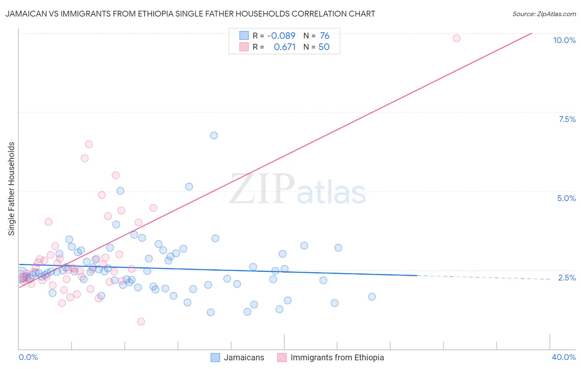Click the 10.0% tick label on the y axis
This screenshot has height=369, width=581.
pyautogui.click(x=564, y=40)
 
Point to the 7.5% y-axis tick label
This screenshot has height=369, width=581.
pyautogui.click(x=567, y=119)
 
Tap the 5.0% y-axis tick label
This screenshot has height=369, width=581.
pyautogui.click(x=566, y=198)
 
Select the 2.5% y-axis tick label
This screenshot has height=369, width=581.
pyautogui.click(x=567, y=278)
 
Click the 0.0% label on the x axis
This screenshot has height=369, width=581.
pyautogui.click(x=28, y=357)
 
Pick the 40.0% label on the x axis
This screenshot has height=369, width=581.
pyautogui.click(x=563, y=357)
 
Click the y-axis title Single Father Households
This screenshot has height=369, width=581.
pyautogui.click(x=12, y=189)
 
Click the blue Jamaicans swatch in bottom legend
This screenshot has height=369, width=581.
pyautogui.click(x=215, y=357)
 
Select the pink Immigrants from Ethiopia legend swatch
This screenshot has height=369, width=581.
pyautogui.click(x=282, y=357)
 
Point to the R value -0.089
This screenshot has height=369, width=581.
pyautogui.click(x=281, y=36)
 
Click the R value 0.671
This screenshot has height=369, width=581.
pyautogui.click(x=285, y=47)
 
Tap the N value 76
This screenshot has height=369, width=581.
pyautogui.click(x=324, y=36)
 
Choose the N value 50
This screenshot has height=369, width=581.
pyautogui.click(x=324, y=47)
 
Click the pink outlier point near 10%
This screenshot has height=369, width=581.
pyautogui.click(x=456, y=38)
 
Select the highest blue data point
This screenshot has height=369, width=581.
pyautogui.click(x=214, y=135)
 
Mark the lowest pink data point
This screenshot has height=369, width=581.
pyautogui.click(x=141, y=321)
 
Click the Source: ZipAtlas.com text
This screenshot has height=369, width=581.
pyautogui.click(x=544, y=14)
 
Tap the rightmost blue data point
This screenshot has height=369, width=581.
pyautogui.click(x=371, y=297)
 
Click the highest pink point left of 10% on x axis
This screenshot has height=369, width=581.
pyautogui.click(x=88, y=144)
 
